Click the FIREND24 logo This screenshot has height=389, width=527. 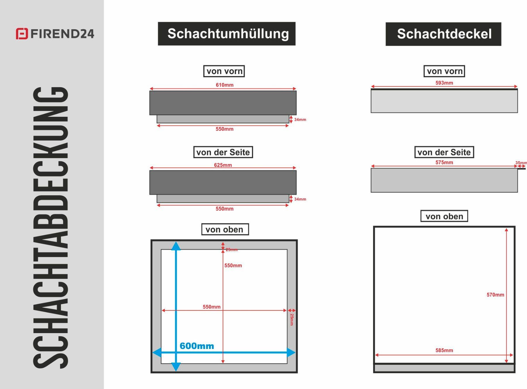[55, 34]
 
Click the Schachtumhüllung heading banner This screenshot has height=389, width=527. [227, 34]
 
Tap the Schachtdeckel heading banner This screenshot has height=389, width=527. [443, 34]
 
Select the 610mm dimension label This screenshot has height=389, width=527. [225, 85]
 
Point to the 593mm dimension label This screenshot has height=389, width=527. [444, 83]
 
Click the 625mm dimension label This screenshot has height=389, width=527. [223, 165]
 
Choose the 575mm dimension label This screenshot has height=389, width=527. [444, 162]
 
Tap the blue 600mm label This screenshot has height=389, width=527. [197, 346]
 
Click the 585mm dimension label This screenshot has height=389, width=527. [444, 350]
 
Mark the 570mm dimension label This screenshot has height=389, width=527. [495, 295]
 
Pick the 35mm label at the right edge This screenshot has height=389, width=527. [521, 163]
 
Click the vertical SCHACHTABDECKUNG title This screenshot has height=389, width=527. [50, 227]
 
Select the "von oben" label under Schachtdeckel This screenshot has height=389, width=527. [444, 216]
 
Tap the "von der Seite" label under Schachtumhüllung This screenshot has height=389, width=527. [223, 152]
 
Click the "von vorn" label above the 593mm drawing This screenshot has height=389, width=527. [444, 71]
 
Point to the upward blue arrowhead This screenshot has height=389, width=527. [176, 246]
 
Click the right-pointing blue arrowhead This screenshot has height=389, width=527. [291, 352]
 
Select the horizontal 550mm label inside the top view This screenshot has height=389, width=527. [212, 307]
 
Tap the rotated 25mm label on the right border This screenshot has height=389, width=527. [292, 320]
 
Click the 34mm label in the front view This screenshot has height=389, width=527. [300, 119]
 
